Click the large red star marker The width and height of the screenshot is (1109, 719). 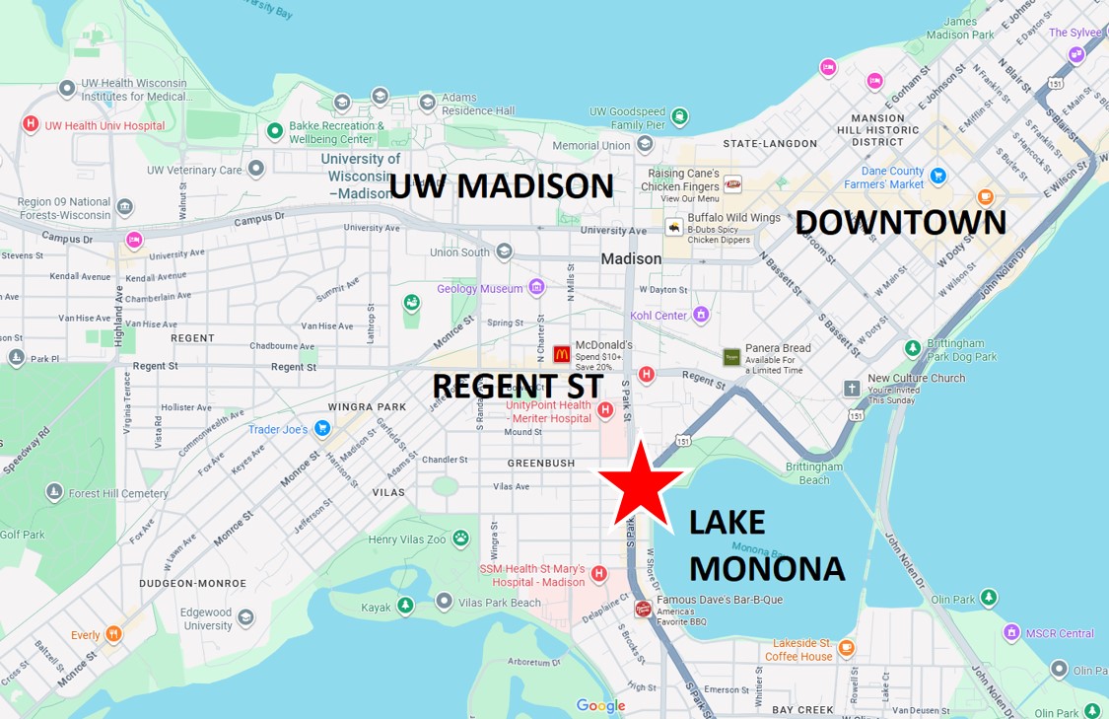640,485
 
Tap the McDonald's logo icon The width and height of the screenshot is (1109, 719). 562,353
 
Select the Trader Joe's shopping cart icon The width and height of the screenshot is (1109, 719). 321,428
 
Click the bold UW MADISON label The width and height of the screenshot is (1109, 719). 501,186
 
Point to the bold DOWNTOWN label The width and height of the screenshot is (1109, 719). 900,223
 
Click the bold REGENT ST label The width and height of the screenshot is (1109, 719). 518,386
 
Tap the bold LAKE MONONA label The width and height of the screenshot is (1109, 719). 766,545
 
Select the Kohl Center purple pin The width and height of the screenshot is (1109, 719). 701,316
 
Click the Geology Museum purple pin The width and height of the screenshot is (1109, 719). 536,288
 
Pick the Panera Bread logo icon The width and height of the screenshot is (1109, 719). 731,357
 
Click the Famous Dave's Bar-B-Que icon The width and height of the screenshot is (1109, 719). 643,609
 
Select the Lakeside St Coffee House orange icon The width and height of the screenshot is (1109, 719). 846,648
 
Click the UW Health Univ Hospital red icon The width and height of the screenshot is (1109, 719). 31,124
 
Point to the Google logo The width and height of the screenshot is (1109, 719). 600,705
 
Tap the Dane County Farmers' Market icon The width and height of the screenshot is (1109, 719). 938,177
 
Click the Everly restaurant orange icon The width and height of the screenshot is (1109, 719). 113,634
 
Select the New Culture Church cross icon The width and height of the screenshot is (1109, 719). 852,388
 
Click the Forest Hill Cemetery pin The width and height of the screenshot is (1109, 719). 54,492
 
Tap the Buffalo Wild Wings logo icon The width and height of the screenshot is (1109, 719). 674,227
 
